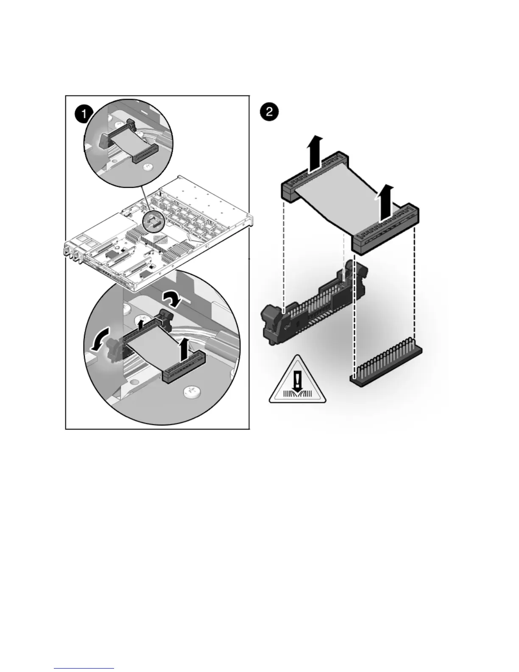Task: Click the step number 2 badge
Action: (x=270, y=113)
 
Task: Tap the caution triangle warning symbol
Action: (x=298, y=382)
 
